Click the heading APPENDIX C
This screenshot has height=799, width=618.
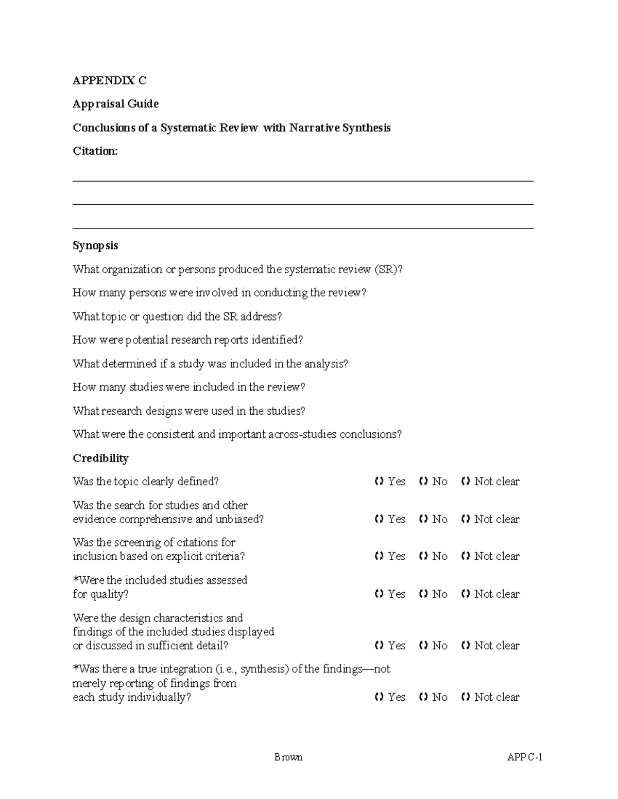109,80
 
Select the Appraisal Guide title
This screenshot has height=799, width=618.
115,104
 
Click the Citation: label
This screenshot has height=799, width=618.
95,151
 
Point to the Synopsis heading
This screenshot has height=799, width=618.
95,245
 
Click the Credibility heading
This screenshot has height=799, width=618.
100,458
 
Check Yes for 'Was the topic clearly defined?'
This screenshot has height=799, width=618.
380,482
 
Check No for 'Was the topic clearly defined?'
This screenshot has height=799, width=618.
424,482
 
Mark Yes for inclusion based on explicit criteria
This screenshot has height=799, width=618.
380,556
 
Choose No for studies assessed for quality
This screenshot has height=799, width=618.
424,594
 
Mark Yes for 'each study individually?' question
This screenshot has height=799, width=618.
380,697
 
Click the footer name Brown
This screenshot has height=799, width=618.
288,757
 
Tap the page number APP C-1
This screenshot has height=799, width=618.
525,757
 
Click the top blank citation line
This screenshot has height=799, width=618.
303,181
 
